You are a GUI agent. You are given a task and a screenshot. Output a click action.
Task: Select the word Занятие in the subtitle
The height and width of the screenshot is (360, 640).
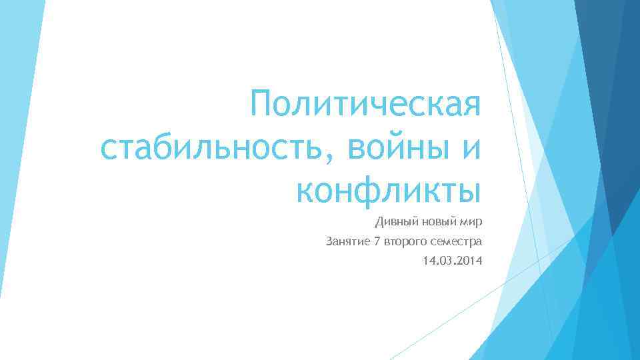coord(348,240)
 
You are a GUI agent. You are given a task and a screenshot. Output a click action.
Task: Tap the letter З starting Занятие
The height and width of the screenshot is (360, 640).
coord(329,240)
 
